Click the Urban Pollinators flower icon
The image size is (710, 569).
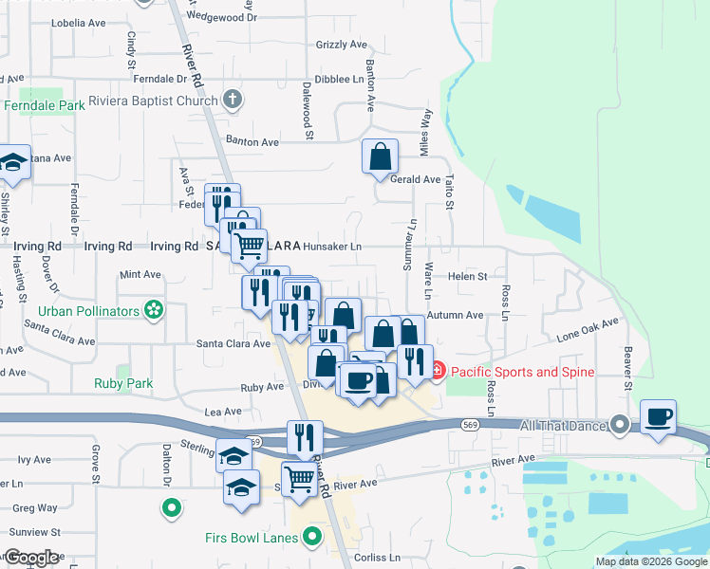pos(153,310)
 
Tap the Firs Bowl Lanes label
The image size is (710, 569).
pos(251,538)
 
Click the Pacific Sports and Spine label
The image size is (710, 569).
pos(522,372)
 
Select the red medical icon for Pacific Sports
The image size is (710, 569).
pos(437,372)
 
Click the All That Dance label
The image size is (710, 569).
pos(564,425)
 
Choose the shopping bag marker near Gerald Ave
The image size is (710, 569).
pos(380,157)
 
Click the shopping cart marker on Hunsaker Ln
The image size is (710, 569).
pos(249,247)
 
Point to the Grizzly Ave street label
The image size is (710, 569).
pos(342,45)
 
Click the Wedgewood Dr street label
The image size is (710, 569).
pos(223,16)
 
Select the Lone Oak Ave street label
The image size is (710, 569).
pos(588,328)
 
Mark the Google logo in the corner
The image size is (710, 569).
pos(32,558)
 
